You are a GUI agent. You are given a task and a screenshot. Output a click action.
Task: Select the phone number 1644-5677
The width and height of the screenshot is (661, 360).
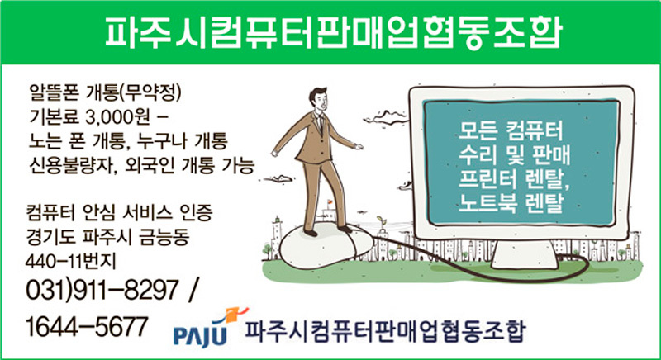click(87, 326)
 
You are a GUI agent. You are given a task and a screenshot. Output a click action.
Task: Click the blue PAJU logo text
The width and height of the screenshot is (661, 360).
click(200, 335)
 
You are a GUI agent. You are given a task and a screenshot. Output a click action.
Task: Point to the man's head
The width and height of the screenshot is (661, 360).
click(318, 99)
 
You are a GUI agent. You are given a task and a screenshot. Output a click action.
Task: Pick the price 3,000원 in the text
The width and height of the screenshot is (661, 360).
click(117, 118)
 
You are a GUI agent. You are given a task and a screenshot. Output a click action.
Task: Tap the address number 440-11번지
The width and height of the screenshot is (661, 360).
click(70, 263)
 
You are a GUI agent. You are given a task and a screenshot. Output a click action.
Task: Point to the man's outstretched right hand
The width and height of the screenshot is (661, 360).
click(359, 146)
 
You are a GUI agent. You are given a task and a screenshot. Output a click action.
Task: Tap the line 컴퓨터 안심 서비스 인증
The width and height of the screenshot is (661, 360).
click(119, 215)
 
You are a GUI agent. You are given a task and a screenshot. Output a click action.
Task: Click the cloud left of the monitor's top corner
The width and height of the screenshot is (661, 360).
click(386, 117)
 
